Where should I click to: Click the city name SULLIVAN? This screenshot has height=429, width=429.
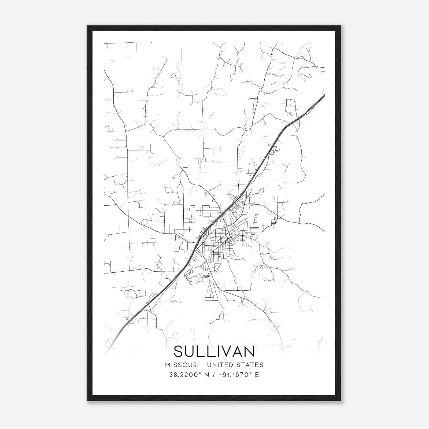point(214,351)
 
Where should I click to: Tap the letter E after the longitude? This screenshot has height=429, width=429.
point(257,375)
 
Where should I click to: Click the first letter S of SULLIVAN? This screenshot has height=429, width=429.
point(179,351)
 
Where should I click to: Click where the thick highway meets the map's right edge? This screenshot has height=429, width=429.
point(324,95)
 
